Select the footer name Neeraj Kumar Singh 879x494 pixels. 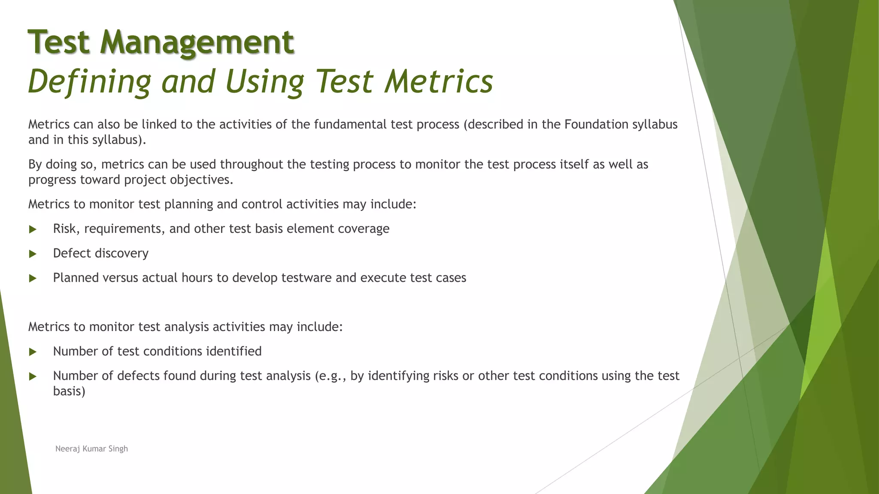coord(91,449)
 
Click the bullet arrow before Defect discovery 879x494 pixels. coord(33,254)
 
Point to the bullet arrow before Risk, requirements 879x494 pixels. coord(33,229)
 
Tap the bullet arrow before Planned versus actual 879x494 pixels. coord(33,278)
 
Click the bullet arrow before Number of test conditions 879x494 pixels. coord(33,352)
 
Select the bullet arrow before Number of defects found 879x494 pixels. coord(33,377)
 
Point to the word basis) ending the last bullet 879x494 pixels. coord(69,391)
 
